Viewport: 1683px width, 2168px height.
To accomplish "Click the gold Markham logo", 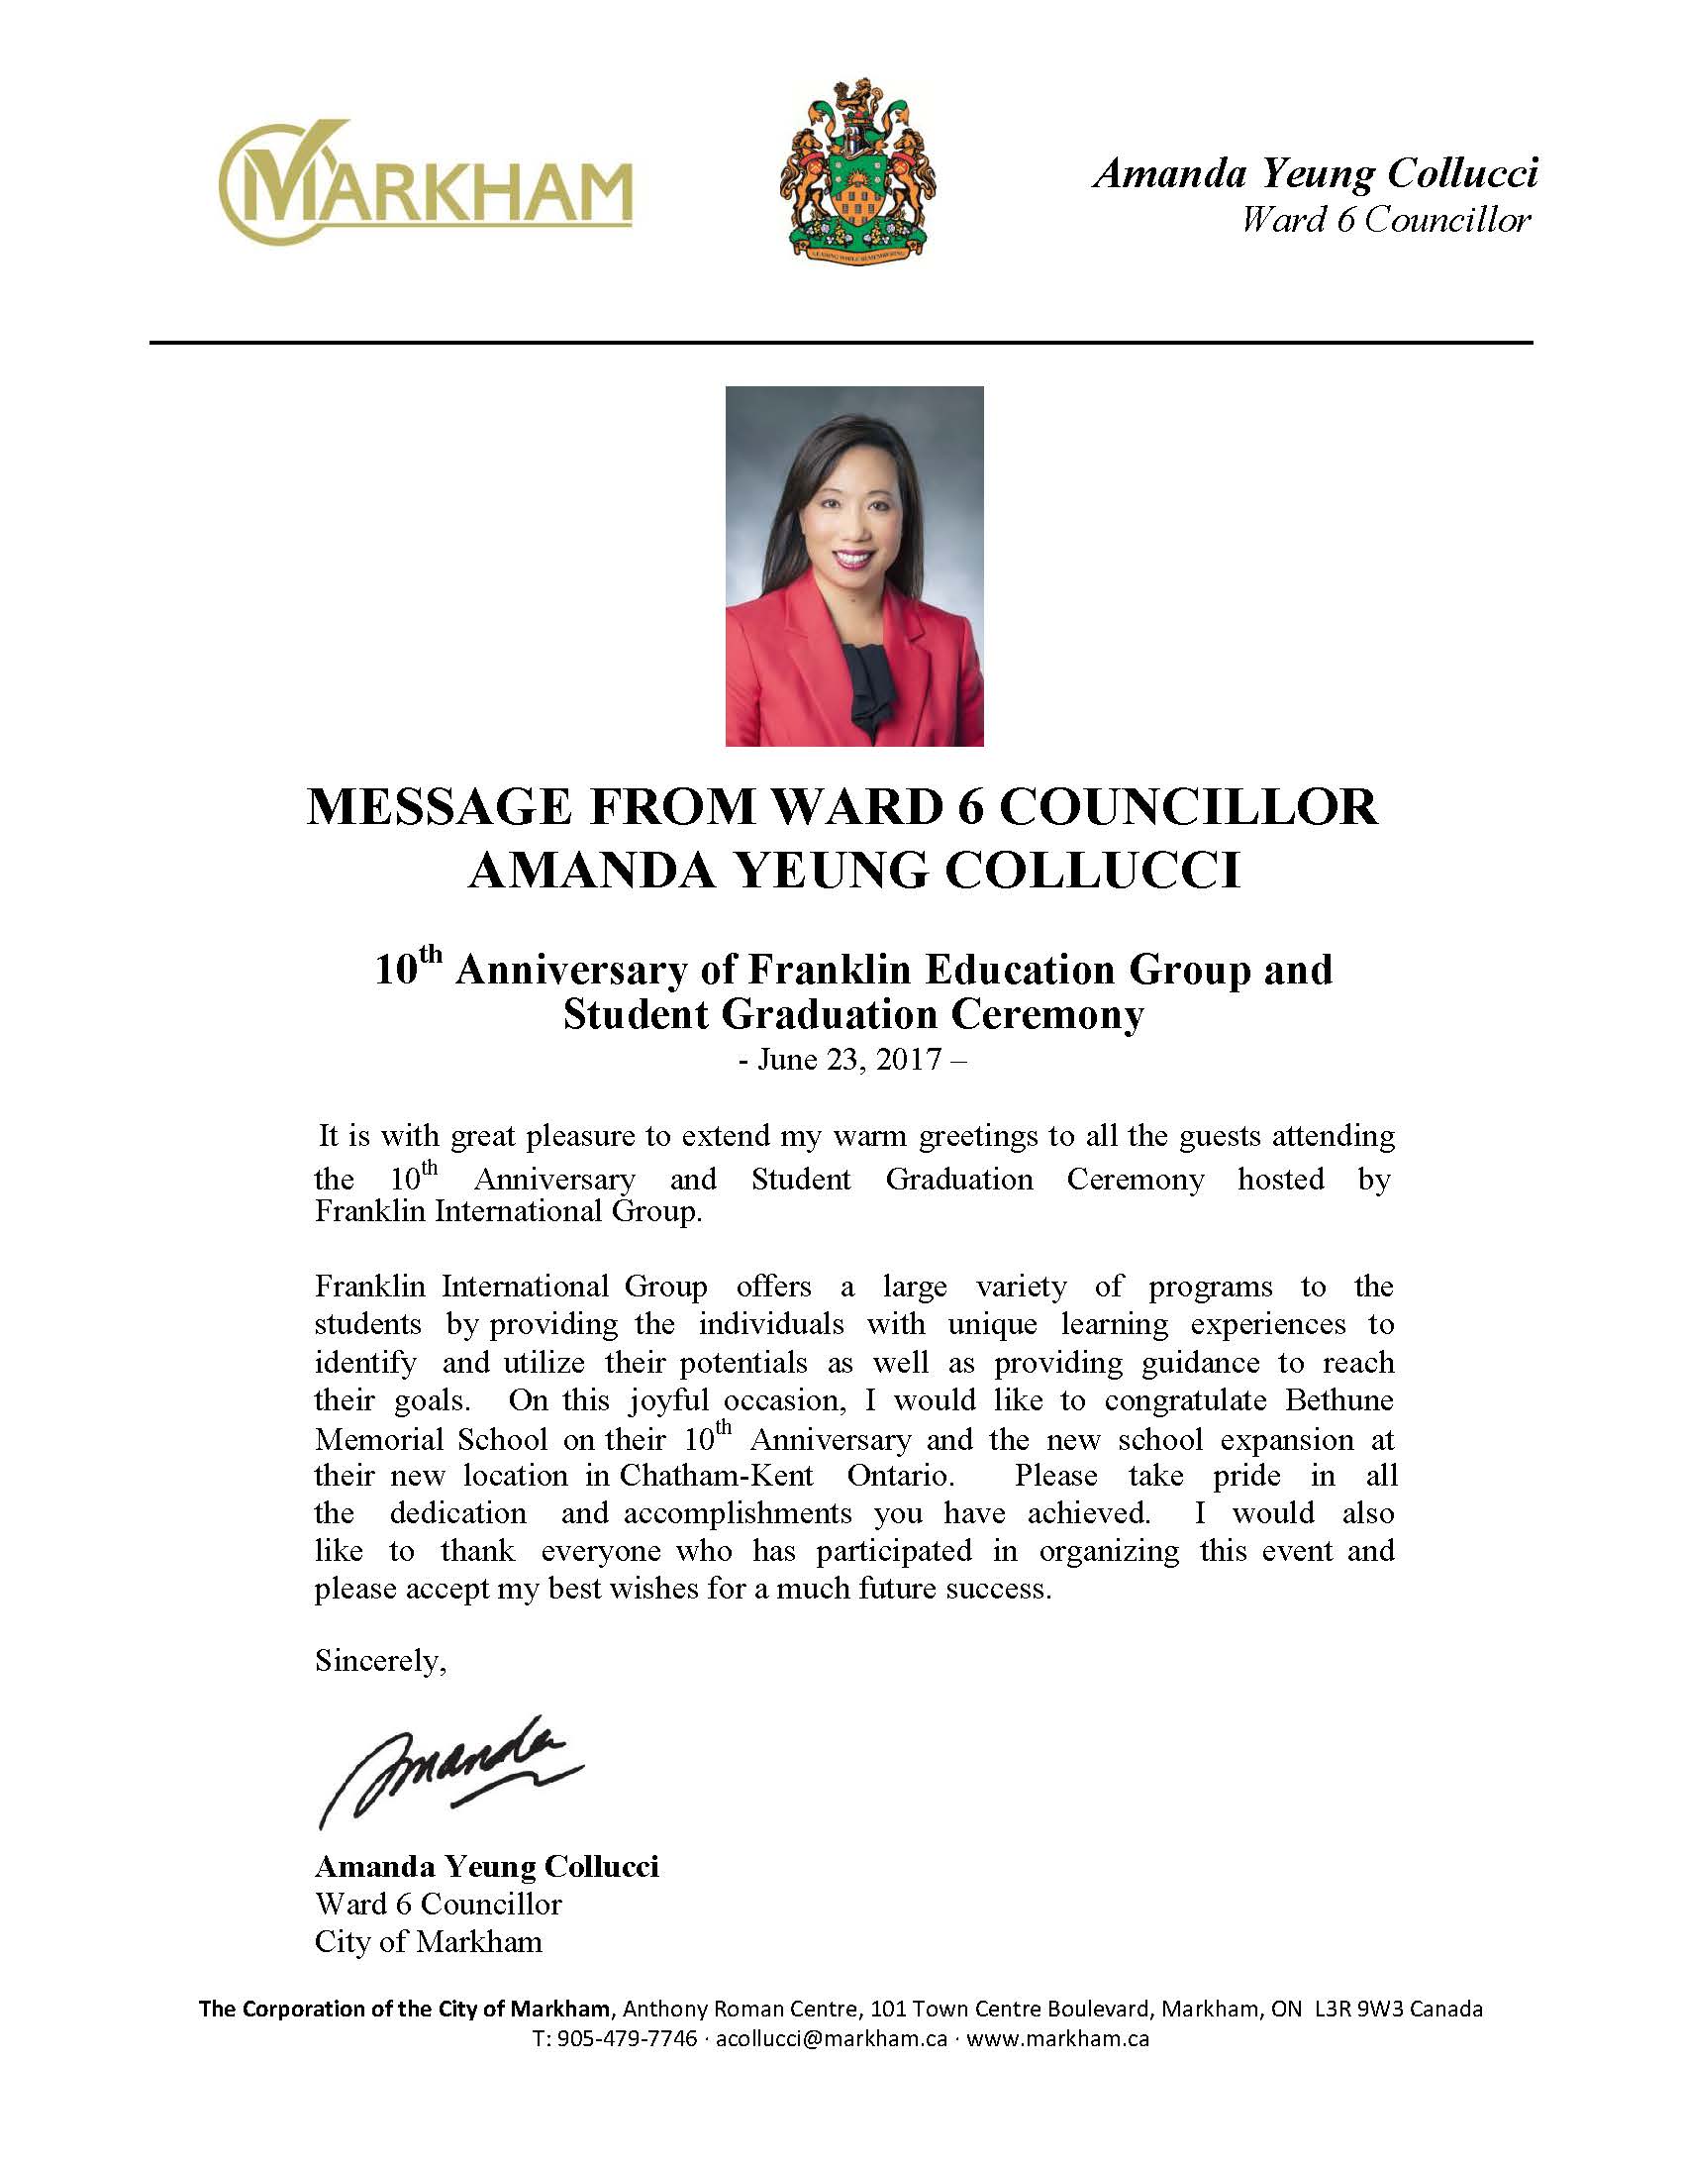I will click(425, 184).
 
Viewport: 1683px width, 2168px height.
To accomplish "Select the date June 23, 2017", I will click(849, 1060).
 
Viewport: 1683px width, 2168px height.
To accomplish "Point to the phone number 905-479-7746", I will click(627, 2039).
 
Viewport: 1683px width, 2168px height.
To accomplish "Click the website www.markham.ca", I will click(1058, 2039).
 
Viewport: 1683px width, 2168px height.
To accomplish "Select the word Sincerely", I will click(379, 1661).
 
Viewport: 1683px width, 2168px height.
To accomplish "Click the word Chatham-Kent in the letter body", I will click(716, 1476).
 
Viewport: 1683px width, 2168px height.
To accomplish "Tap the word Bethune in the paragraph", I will click(1339, 1400).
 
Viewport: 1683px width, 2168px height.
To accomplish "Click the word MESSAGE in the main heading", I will click(439, 807).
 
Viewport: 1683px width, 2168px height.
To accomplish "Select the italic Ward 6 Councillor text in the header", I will click(1385, 221).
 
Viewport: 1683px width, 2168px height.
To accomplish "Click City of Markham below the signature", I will click(429, 1941).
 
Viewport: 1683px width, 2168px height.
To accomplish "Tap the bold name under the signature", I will click(486, 1867).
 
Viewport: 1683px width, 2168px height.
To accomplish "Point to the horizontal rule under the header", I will click(841, 343).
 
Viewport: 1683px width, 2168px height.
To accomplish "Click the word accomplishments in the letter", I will click(738, 1513).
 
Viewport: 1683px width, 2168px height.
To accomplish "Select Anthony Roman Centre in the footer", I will click(741, 2010).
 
